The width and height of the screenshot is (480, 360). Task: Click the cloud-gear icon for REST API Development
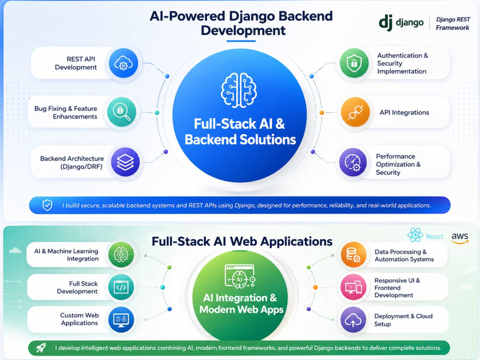pyautogui.click(x=123, y=63)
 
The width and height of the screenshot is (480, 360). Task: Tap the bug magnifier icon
pyautogui.click(x=122, y=112)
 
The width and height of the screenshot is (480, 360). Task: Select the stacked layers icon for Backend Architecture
pyautogui.click(x=125, y=162)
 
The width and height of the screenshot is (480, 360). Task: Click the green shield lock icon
pyautogui.click(x=354, y=63)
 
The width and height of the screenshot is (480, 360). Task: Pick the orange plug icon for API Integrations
pyautogui.click(x=355, y=112)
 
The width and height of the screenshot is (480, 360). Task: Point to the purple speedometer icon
pyautogui.click(x=353, y=163)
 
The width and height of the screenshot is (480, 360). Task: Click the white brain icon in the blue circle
pyautogui.click(x=239, y=90)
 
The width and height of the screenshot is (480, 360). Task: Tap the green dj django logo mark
pyautogui.click(x=386, y=23)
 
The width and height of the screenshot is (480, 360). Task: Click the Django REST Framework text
pyautogui.click(x=453, y=24)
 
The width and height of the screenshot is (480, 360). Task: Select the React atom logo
pyautogui.click(x=415, y=235)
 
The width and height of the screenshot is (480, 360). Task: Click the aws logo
pyautogui.click(x=460, y=238)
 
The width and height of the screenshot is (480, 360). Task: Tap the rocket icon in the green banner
pyautogui.click(x=41, y=348)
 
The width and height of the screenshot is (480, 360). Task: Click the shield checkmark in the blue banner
pyautogui.click(x=47, y=205)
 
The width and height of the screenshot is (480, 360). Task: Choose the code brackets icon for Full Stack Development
pyautogui.click(x=121, y=287)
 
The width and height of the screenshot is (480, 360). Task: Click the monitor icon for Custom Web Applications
pyautogui.click(x=121, y=319)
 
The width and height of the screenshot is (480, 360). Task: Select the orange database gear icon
pyautogui.click(x=354, y=255)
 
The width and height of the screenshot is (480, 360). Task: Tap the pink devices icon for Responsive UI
pyautogui.click(x=354, y=287)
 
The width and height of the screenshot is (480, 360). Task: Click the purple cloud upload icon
pyautogui.click(x=353, y=320)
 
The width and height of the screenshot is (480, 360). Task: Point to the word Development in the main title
pyautogui.click(x=243, y=30)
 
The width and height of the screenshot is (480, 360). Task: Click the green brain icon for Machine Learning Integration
pyautogui.click(x=121, y=254)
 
